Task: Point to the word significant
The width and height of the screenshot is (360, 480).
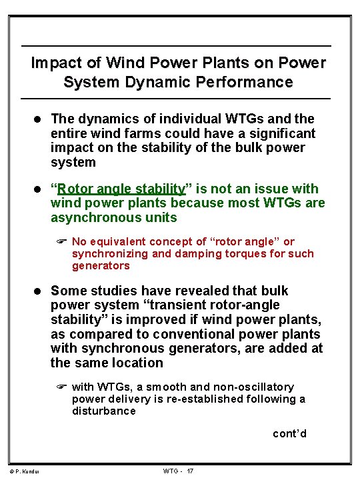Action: point(278,133)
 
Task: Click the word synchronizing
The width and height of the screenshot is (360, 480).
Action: point(109,253)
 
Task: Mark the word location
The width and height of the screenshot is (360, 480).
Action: point(137,363)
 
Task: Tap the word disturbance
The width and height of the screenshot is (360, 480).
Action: point(104,411)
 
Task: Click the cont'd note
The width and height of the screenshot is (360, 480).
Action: point(289,434)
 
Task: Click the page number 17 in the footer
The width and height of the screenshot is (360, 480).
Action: point(190,471)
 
